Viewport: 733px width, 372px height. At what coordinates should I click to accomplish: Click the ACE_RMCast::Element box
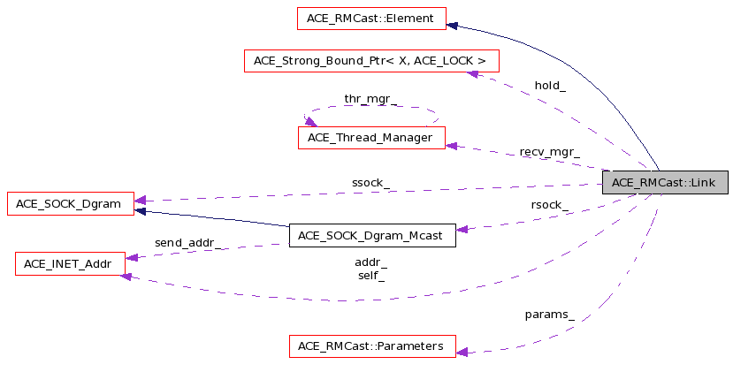tap(371, 19)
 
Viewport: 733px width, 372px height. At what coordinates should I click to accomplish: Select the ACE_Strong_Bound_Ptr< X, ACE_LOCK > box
tap(371, 61)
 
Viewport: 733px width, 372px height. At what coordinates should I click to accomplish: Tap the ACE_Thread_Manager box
tap(371, 138)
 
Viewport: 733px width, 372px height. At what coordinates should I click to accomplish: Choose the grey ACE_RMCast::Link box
tap(665, 182)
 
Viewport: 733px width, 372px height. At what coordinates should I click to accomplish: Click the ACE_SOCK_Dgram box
tap(71, 204)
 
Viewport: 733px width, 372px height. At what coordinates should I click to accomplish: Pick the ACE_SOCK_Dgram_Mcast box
tap(372, 236)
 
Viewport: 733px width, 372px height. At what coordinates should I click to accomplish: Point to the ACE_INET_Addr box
tap(70, 264)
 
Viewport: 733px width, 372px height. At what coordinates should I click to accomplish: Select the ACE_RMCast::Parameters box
tap(372, 346)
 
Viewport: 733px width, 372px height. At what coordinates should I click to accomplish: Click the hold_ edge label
tap(550, 86)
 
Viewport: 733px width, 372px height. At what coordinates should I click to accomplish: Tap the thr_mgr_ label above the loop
tap(370, 99)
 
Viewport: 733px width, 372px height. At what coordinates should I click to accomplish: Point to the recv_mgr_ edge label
tap(550, 152)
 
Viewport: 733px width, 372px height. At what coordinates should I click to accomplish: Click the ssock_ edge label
tap(370, 183)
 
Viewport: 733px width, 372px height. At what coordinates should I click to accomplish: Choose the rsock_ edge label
tap(550, 205)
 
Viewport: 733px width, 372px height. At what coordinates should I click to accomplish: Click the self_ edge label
tap(371, 277)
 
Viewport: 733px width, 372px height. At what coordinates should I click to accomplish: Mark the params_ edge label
tap(550, 315)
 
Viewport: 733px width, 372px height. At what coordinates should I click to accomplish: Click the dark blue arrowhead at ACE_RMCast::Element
tap(452, 26)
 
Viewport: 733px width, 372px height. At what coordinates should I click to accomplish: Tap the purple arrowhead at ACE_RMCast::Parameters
tap(462, 353)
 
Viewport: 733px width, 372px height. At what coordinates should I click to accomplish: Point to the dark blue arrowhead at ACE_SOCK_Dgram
tap(140, 211)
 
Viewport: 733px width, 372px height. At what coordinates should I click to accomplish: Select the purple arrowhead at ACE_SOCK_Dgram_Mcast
tap(462, 230)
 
